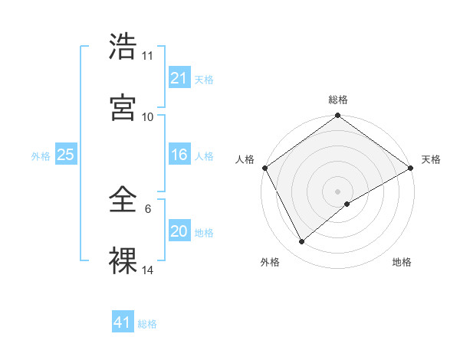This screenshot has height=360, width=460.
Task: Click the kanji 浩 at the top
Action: tap(124, 48)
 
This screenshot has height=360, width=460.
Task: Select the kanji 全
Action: tap(124, 201)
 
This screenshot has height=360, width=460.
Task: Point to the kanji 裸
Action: tap(124, 260)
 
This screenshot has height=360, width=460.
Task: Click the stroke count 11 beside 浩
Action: tap(148, 56)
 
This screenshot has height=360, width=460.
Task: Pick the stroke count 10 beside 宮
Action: tap(148, 116)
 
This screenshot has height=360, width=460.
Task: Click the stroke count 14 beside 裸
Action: tap(148, 270)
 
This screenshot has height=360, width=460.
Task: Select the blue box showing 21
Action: tap(179, 77)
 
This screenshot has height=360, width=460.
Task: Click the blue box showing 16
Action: tap(179, 155)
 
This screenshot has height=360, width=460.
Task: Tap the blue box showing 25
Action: tap(65, 155)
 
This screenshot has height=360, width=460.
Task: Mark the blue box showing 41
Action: tap(123, 322)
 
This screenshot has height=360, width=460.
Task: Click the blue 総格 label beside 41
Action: tap(147, 324)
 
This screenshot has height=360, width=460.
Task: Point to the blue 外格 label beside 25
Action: tap(41, 156)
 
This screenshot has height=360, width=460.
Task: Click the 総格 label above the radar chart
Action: tap(338, 100)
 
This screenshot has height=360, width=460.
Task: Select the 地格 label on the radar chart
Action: tap(402, 263)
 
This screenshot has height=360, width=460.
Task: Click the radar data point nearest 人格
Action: tap(264, 168)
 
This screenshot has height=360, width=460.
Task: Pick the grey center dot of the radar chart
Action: tap(338, 191)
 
